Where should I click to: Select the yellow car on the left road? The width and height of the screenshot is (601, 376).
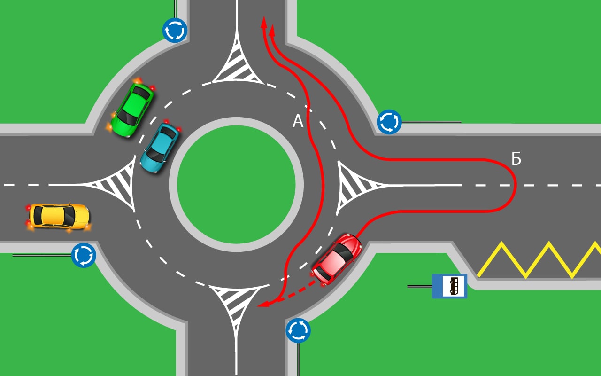59,217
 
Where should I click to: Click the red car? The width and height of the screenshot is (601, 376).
337,259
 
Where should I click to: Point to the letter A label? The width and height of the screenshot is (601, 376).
298,122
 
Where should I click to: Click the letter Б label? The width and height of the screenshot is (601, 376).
516,159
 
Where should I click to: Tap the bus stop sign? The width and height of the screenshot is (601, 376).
449,286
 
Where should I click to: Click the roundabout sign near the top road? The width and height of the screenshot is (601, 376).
175,30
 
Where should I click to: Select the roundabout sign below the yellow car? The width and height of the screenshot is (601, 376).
84,255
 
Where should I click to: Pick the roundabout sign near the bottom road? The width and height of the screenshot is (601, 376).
298,330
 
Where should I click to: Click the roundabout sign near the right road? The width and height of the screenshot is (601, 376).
389,122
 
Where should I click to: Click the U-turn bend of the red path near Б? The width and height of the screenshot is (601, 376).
514,185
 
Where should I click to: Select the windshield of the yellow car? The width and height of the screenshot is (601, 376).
69,216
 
